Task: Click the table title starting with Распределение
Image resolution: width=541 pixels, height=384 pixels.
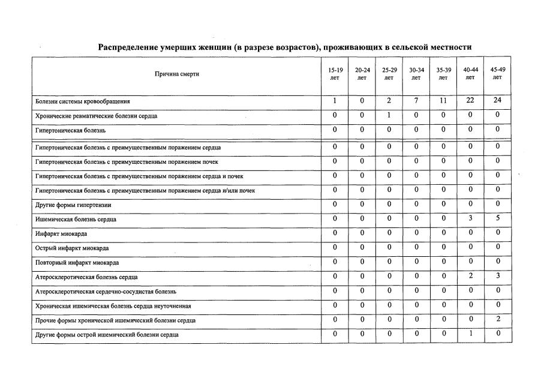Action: tap(285, 47)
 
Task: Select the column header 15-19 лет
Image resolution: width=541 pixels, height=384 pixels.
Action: tap(335, 74)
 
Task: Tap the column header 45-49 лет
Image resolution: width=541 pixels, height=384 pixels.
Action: tap(497, 73)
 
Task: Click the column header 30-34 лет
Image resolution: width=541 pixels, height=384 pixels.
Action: tap(416, 74)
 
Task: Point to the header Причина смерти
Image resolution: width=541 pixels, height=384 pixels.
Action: tap(176, 74)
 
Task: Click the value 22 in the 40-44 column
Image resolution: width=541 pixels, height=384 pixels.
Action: tap(470, 100)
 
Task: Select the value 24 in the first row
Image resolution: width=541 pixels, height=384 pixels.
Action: tap(497, 100)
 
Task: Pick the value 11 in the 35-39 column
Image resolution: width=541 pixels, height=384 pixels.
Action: tap(443, 100)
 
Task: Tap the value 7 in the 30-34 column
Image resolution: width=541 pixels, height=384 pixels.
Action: tap(416, 100)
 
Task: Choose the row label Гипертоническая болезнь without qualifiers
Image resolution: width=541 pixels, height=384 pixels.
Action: tap(70, 130)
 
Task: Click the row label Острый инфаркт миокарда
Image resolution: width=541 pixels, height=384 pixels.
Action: tap(72, 248)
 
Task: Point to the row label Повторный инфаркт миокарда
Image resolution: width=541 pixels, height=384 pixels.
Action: tap(77, 263)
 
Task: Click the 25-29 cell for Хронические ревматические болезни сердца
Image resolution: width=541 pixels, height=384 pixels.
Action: tap(389, 115)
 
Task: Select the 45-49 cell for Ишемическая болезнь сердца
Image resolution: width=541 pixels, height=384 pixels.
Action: tap(497, 219)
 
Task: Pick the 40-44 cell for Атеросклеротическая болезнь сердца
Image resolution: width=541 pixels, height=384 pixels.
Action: tap(470, 277)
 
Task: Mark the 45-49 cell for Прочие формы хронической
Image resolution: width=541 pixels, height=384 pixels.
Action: tap(497, 319)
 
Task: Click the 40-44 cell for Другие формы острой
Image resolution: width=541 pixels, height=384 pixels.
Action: tap(470, 334)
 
